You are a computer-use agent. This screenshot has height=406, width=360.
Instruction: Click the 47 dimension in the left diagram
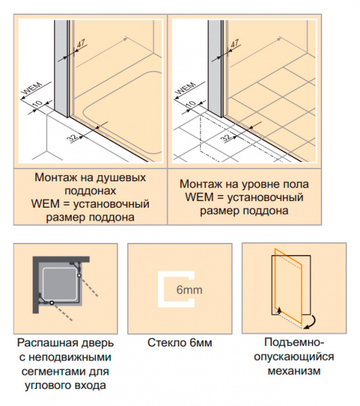81,43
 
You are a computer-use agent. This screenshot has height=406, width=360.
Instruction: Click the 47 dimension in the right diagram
235,43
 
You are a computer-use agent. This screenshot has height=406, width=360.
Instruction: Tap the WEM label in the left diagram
32,89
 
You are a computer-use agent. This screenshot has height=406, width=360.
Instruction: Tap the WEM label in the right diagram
185,89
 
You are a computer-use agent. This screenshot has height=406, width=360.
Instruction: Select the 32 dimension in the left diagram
72,137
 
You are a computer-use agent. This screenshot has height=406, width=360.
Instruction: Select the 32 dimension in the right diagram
226,137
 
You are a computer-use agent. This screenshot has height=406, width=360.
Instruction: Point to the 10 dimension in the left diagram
37,104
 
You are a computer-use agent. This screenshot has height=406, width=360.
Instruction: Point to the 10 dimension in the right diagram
191,104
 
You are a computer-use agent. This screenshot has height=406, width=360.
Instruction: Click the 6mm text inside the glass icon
189,290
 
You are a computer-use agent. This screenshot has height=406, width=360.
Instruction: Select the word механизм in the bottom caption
294,371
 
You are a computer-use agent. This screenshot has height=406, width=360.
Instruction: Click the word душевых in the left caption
121,178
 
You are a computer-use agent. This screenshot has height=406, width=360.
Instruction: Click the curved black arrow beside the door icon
311,322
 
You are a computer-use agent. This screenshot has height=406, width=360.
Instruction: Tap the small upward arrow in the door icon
279,310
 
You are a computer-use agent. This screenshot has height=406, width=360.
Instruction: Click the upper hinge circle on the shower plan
79,275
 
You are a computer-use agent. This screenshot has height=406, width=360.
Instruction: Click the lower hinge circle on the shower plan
52,302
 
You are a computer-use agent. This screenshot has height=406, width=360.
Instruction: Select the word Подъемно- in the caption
294,343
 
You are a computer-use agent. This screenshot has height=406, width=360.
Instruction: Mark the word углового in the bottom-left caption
47,386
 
